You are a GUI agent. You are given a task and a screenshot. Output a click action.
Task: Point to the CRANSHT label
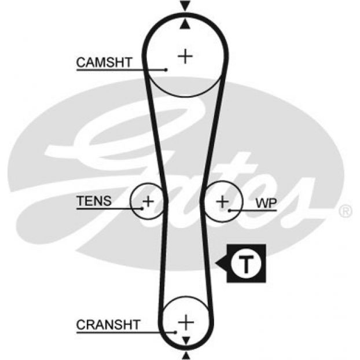pos(108,324)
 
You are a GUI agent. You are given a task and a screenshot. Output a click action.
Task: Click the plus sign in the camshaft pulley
pos(185,56)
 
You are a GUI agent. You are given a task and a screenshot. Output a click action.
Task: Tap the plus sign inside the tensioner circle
pos(148,201)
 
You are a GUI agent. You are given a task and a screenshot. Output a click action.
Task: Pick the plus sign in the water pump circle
pos(223,201)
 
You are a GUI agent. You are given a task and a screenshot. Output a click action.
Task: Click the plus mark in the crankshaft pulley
pos(185,320)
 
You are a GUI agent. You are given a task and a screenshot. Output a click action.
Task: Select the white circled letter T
pos(246,265)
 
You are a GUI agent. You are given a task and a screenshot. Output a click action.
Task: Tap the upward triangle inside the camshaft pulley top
pos(185,24)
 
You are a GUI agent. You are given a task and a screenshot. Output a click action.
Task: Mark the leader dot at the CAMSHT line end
pos(166,70)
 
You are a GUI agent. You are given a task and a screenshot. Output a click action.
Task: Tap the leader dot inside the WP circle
pos(230,211)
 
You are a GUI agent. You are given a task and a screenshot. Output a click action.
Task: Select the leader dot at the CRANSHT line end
pos(175,332)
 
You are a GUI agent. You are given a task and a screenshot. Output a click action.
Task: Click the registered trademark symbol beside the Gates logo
pos(345,210)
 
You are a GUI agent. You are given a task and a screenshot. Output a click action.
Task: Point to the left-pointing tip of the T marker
pos(216,265)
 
